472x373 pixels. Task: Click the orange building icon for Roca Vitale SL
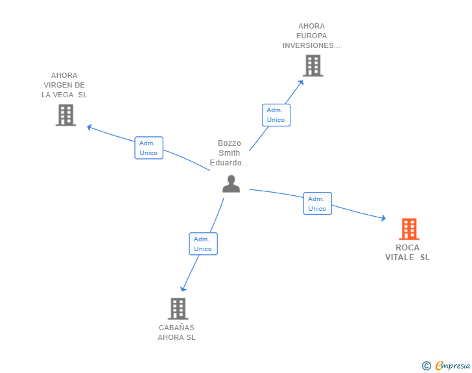point(408,229)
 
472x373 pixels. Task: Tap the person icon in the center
point(231,184)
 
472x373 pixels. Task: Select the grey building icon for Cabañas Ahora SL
point(178,309)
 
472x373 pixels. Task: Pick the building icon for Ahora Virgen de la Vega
point(65,115)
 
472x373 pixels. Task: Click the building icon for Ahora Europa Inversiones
point(313,66)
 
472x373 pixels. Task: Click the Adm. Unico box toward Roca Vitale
point(317,204)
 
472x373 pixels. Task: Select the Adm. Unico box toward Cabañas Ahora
point(203,244)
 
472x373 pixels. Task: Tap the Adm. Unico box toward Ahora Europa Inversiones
point(276,115)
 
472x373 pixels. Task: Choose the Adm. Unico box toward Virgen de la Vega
point(148,148)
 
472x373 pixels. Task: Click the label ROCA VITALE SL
point(408,252)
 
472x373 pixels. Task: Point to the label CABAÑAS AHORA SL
point(176,332)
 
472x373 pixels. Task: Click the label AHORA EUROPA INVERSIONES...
point(312,36)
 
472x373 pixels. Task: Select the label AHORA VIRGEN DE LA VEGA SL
point(64,85)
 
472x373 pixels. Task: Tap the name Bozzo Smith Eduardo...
point(229,153)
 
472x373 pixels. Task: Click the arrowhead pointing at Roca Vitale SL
point(383,219)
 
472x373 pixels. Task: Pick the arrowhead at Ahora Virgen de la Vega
point(89,126)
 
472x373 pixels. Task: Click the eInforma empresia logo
point(453,366)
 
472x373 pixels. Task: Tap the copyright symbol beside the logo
point(426,366)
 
